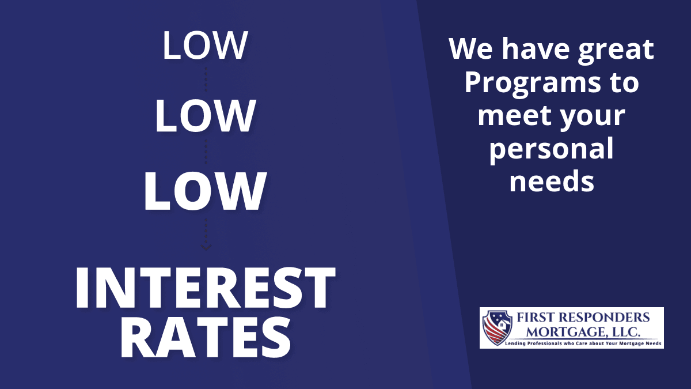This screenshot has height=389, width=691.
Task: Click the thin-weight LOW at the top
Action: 205,45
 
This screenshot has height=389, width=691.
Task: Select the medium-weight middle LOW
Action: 205,115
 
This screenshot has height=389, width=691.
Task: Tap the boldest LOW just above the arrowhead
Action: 205,191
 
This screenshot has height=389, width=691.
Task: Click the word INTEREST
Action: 205,288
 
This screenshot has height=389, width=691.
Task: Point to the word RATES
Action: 206,338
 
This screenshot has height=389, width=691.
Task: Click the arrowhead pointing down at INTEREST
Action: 206,248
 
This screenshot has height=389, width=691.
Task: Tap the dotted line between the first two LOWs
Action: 206,80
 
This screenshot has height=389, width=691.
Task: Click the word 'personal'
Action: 552,149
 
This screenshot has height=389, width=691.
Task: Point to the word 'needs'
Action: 552,181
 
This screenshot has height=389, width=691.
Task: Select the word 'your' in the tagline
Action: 593,119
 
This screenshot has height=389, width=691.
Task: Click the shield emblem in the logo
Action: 498,327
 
